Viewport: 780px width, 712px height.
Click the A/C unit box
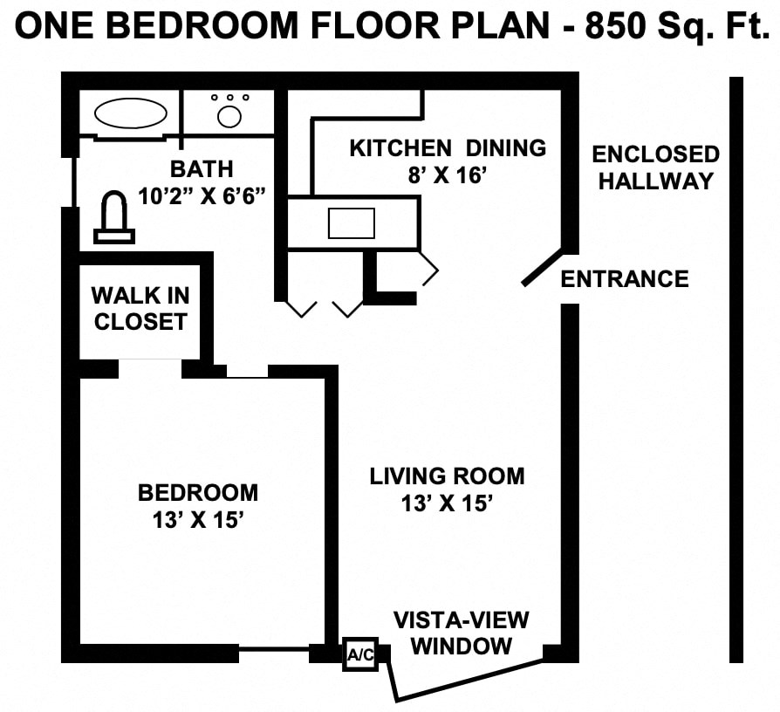[x=359, y=654]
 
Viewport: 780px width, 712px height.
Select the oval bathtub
[x=131, y=113]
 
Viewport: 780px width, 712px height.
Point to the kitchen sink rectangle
[x=351, y=223]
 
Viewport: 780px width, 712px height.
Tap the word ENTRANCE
[x=624, y=279]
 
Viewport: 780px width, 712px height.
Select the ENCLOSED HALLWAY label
[x=655, y=168]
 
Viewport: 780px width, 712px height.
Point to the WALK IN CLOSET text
[x=140, y=309]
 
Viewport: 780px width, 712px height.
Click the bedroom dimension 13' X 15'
[x=197, y=520]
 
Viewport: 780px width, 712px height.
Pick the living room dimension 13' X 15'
[x=448, y=503]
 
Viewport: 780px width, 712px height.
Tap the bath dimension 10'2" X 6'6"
[x=202, y=195]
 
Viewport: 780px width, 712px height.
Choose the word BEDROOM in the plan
[x=198, y=493]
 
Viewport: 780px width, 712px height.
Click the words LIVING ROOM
[x=447, y=476]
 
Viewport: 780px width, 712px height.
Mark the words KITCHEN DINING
[x=447, y=148]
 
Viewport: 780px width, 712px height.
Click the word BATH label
[x=202, y=168]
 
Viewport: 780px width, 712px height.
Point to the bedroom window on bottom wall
[x=274, y=649]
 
